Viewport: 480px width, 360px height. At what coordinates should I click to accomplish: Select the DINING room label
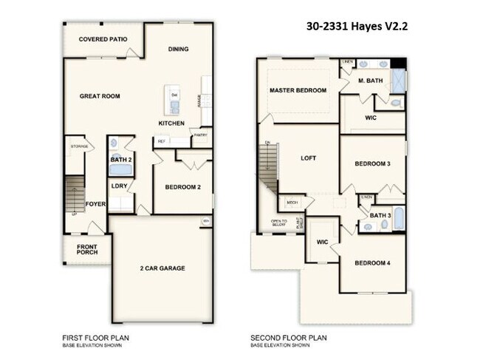pos(178,50)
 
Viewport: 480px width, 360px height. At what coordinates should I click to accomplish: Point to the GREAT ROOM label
pos(100,96)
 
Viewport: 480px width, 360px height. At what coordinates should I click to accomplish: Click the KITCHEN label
pos(171,123)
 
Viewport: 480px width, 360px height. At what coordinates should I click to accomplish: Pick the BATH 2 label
pos(120,160)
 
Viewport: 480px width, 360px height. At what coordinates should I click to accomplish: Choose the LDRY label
pos(120,186)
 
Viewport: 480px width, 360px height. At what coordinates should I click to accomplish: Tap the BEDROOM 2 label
pos(183,188)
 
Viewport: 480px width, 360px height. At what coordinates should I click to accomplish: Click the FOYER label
pos(95,203)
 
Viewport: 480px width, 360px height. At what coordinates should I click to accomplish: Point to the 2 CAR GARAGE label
pos(162,268)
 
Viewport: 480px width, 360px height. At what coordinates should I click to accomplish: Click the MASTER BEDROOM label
pos(298,90)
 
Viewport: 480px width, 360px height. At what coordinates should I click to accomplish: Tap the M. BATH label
pos(370,81)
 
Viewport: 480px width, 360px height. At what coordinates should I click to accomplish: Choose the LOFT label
pos(309,158)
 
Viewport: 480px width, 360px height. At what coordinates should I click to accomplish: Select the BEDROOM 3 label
pos(372,163)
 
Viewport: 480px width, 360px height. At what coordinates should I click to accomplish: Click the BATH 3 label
pos(380,216)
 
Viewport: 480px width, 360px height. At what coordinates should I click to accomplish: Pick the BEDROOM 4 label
pos(372,263)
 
